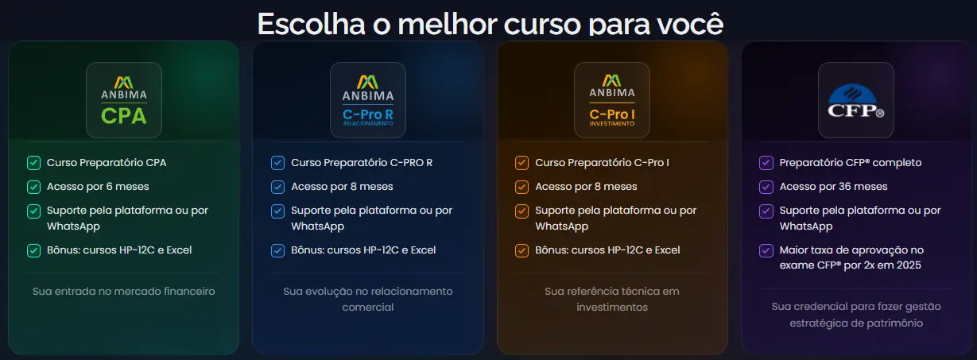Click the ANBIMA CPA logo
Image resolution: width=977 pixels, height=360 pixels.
tap(123, 100)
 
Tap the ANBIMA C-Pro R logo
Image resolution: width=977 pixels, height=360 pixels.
tap(367, 100)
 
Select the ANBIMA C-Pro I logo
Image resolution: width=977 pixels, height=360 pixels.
tap(611, 100)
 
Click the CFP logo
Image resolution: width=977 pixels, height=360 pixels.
tap(855, 100)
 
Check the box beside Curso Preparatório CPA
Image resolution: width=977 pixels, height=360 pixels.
tap(33, 163)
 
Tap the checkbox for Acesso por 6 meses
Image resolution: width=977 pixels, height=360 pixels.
tap(33, 187)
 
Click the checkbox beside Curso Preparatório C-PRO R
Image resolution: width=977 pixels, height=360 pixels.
tap(277, 163)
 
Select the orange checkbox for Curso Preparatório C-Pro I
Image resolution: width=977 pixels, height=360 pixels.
tap(521, 163)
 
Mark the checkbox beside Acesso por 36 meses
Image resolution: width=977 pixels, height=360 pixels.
tap(766, 187)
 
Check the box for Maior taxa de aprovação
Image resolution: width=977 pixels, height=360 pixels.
tap(766, 250)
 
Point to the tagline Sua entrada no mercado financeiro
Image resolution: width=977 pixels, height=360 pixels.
tap(123, 292)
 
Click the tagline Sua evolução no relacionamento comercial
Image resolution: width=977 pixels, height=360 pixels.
tap(367, 299)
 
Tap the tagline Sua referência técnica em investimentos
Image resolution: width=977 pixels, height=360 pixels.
tap(611, 299)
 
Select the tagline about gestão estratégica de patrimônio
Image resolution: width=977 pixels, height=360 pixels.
tap(855, 315)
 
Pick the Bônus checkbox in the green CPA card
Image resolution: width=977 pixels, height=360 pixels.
tap(33, 250)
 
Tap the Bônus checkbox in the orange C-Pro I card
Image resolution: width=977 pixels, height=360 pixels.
tap(521, 250)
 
